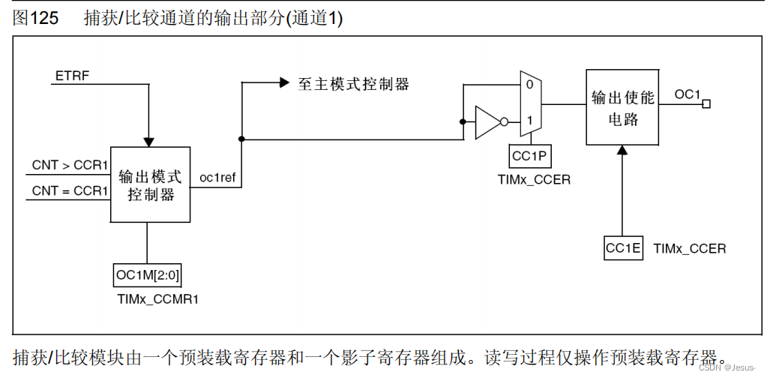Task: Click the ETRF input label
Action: point(72,76)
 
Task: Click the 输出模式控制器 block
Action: point(150,184)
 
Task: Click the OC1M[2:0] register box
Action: point(146,275)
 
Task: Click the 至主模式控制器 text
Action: point(353,84)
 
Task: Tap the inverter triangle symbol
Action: point(488,122)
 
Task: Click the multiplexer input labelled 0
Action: point(529,85)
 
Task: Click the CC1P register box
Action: point(530,156)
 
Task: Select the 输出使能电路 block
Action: point(622,109)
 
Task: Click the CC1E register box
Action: point(623,248)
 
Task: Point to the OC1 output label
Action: point(687,94)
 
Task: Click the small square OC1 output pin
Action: point(706,104)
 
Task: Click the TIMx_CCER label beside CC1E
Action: point(689,248)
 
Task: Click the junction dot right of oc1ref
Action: point(241,139)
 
